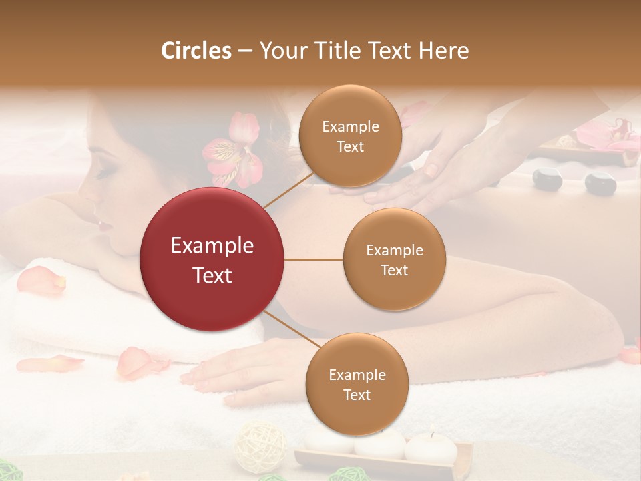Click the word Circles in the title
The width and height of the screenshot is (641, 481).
coord(196,51)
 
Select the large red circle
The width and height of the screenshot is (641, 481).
coord(212,259)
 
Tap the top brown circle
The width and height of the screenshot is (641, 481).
coord(350,136)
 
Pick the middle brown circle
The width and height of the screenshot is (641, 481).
coord(394,259)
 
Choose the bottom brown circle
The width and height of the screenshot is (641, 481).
coord(357,384)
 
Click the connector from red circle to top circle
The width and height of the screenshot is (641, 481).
coord(288,190)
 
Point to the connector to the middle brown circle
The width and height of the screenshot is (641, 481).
coord(314,259)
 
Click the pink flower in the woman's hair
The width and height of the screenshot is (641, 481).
coord(235,150)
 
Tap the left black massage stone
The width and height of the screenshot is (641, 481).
coord(548,180)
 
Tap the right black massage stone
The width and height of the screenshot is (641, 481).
coord(600,183)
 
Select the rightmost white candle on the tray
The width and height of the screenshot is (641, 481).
coord(431,448)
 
